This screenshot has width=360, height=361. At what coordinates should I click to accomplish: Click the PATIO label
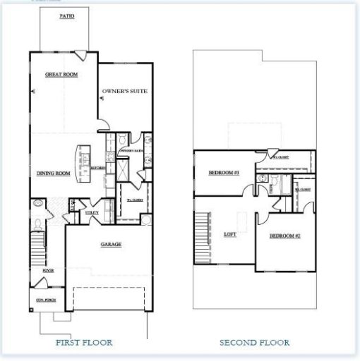[65, 15]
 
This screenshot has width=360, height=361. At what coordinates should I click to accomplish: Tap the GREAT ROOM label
[61, 74]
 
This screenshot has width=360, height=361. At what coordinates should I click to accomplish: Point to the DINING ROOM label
[53, 173]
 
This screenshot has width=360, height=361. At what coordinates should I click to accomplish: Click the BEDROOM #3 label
[224, 173]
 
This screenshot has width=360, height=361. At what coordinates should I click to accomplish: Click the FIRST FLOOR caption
[83, 343]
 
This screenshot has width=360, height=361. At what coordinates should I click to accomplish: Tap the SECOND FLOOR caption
[253, 343]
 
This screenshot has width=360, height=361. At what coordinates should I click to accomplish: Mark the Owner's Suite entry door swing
[103, 124]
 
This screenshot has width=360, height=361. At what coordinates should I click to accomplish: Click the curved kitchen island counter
[82, 164]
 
